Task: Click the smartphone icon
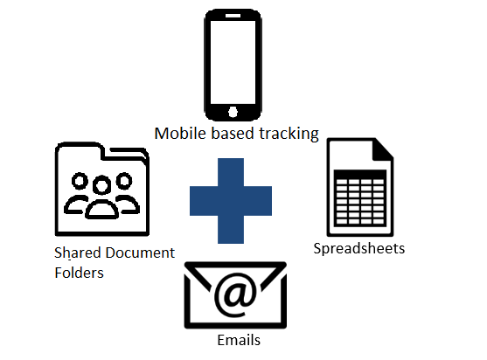233,65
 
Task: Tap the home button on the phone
233,112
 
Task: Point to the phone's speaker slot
233,16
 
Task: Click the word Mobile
180,134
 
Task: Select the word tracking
289,134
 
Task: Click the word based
233,133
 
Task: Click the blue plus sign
231,201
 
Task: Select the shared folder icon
102,189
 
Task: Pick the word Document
140,253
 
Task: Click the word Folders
79,273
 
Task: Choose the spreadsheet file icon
360,187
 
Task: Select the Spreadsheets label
359,248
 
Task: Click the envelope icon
235,295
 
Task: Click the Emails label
239,340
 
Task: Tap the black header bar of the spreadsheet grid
360,174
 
